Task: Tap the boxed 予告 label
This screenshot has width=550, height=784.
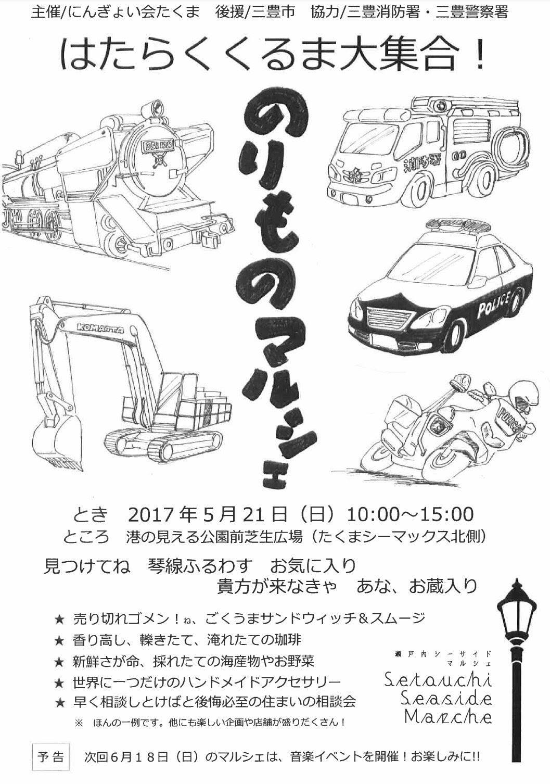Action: (x=51, y=765)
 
